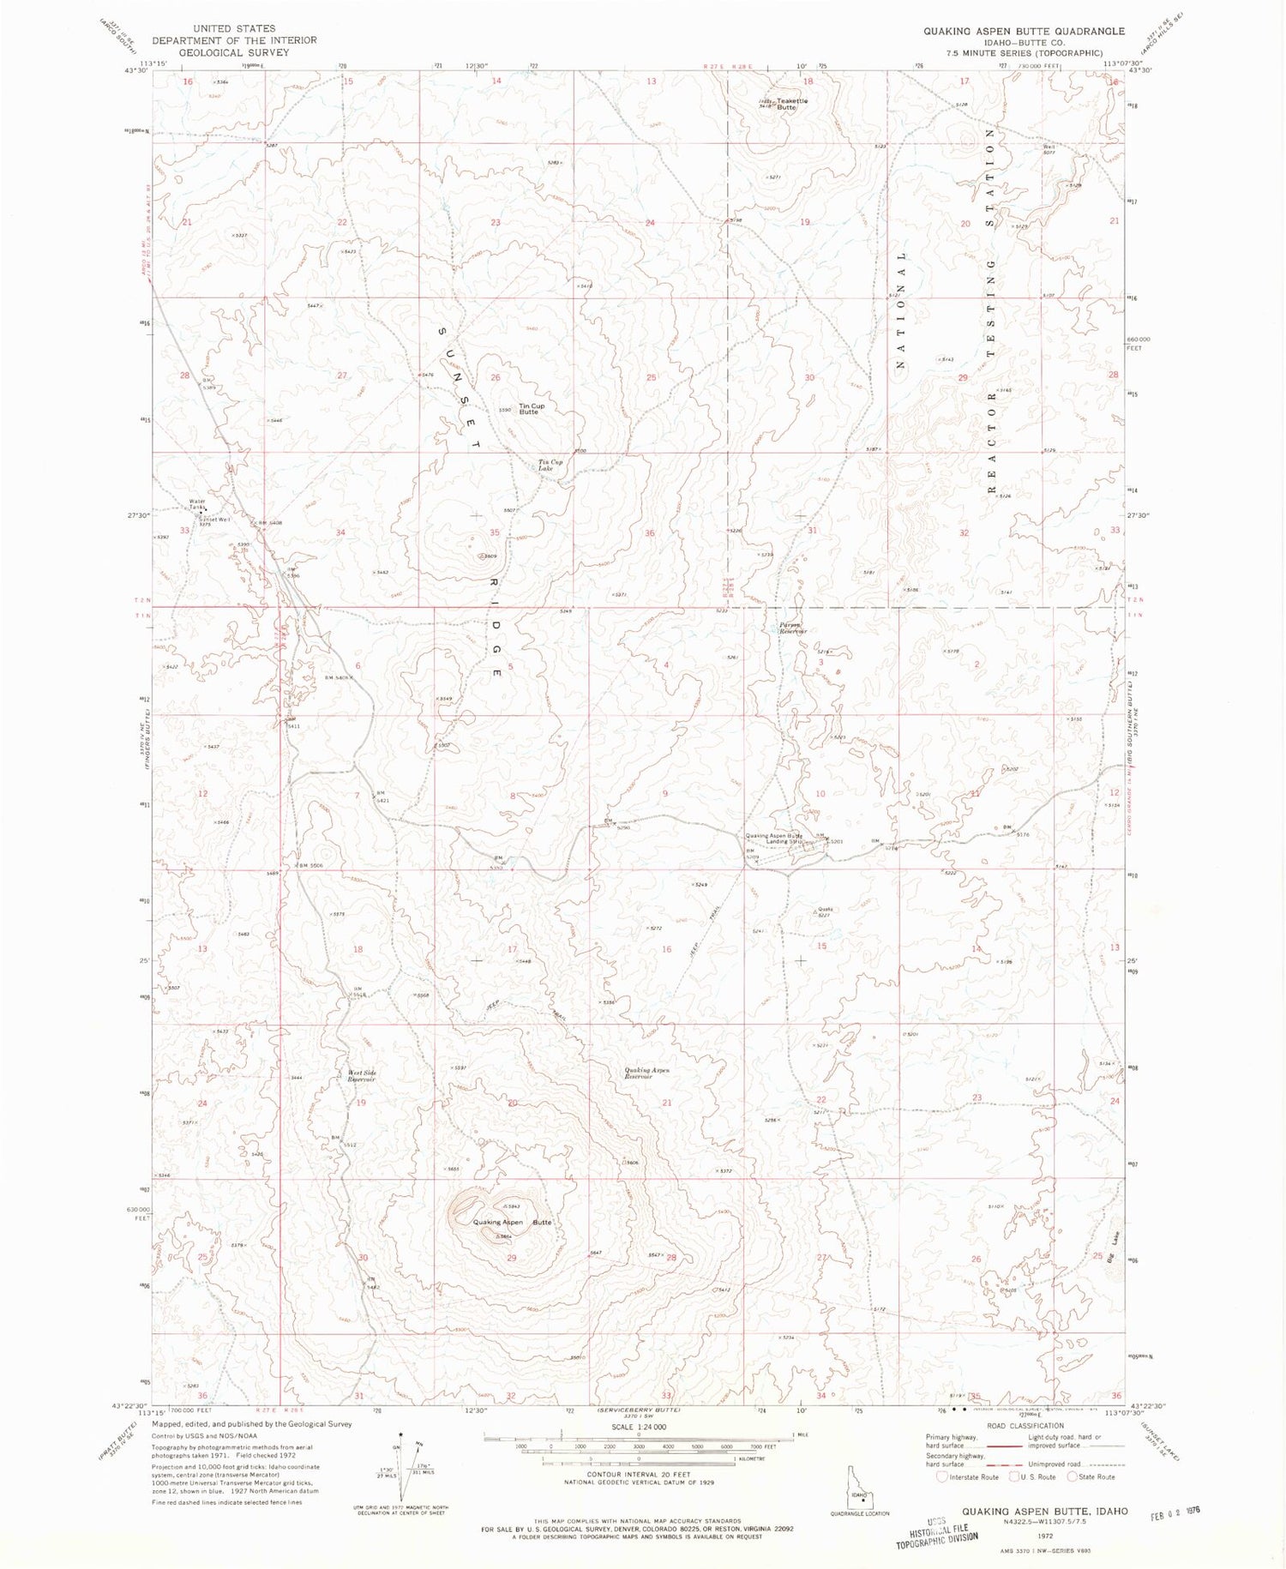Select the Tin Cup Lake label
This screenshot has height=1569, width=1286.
pos(550,466)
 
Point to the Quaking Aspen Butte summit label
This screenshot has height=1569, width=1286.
pos(513,1222)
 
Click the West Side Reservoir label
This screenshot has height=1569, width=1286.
pos(362,1076)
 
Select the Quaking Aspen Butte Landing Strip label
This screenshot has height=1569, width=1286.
pos(774,839)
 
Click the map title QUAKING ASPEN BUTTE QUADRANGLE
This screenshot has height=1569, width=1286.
pos(1024,31)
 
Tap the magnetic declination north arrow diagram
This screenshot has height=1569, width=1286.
pos(405,1470)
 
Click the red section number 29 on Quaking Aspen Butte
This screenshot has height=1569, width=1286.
pos(512,1258)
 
